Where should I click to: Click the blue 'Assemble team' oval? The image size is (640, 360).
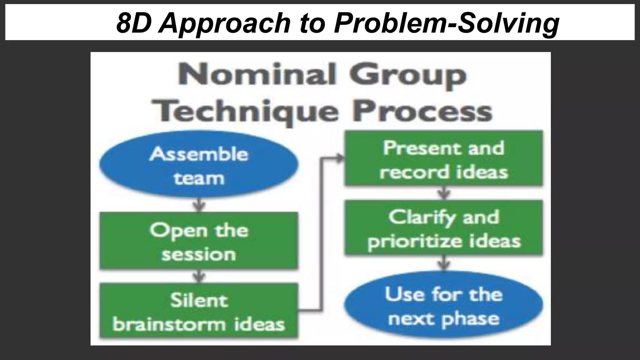(x=199, y=165)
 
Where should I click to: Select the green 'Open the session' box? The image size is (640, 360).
(x=199, y=241)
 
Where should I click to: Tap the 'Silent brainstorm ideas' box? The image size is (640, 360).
(x=199, y=311)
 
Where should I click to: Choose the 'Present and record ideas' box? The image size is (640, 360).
(x=444, y=158)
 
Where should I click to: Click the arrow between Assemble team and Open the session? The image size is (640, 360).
(x=199, y=205)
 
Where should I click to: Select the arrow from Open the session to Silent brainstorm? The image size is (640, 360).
(x=199, y=276)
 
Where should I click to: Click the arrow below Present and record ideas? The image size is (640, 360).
(x=444, y=193)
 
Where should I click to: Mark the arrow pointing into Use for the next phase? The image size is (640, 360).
(x=444, y=263)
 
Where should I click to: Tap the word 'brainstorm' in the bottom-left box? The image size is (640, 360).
(x=169, y=324)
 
